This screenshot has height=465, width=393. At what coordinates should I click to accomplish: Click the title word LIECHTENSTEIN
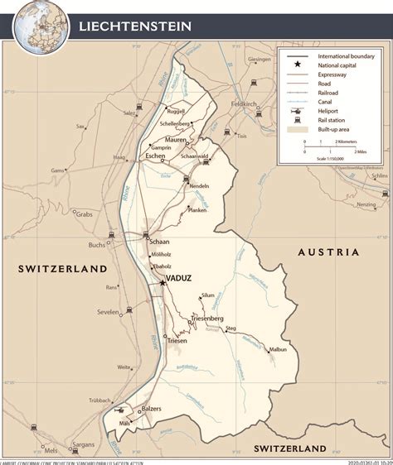click(134, 26)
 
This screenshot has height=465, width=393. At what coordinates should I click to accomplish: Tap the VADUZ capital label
click(178, 278)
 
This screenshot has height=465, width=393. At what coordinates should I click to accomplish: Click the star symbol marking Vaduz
click(162, 282)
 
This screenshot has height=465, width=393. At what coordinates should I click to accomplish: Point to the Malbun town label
click(277, 350)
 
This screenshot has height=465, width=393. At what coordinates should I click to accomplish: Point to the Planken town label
click(196, 210)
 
